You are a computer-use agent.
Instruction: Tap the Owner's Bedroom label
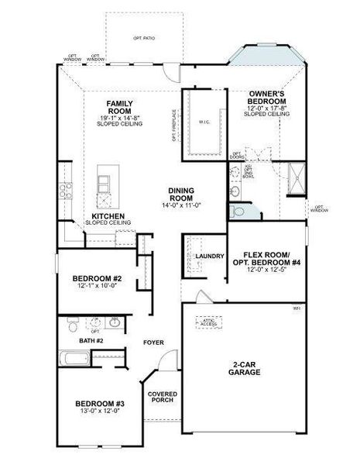tap(268, 97)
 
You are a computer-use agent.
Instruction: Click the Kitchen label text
tap(108, 216)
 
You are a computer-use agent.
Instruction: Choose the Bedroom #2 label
tap(98, 279)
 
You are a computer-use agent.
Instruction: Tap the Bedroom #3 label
tap(100, 404)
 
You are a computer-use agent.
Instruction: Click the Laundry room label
tap(210, 257)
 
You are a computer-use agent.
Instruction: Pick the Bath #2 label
tap(91, 340)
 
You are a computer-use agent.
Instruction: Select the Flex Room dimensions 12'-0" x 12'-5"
tap(266, 270)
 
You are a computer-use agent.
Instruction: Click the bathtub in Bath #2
tap(76, 359)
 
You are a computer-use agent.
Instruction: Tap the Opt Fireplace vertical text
tap(175, 126)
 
